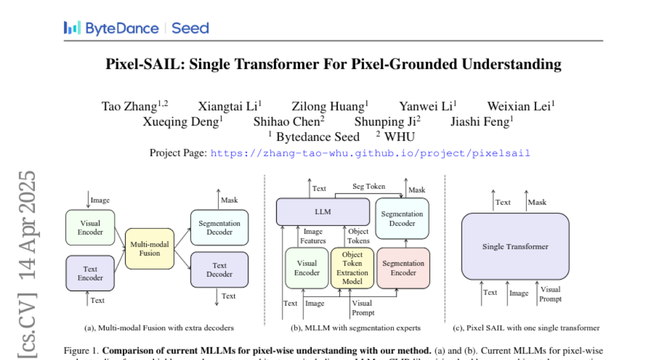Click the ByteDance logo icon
(72, 28)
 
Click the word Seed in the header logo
(190, 28)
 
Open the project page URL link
(370, 153)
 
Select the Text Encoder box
(90, 273)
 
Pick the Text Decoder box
(220, 269)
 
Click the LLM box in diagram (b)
(322, 212)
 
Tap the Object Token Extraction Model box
(352, 268)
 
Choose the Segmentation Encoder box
(404, 268)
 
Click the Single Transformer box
(515, 246)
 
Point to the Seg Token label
(369, 187)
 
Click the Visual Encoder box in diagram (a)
(90, 227)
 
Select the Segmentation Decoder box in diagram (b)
(402, 218)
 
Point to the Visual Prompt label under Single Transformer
(550, 294)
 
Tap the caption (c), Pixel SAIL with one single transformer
(526, 328)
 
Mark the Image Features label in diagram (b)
(313, 236)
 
